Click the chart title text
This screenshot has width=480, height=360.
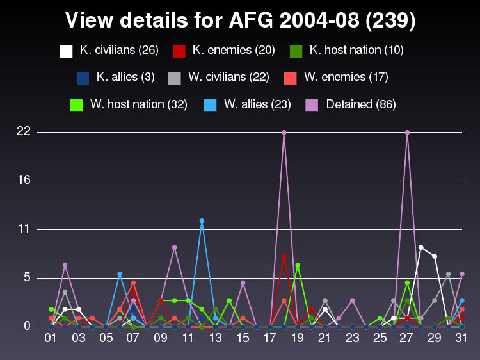click(240, 21)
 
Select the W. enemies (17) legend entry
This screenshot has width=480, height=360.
click(335, 78)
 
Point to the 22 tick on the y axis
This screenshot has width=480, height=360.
click(24, 132)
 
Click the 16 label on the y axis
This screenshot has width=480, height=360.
click(24, 181)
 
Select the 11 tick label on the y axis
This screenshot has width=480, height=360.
click(24, 229)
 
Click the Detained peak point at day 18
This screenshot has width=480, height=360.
click(284, 133)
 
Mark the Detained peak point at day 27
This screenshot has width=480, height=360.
click(407, 133)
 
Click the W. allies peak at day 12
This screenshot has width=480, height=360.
click(202, 221)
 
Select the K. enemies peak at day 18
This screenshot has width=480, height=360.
click(284, 256)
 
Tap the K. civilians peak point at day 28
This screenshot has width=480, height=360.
click(420, 247)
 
